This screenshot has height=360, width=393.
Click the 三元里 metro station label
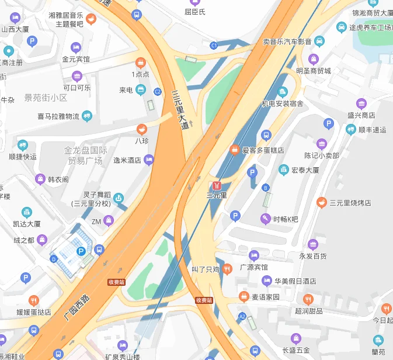pyautogui.click(x=217, y=195)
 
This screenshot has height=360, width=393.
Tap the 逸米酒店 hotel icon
pyautogui.click(x=149, y=159)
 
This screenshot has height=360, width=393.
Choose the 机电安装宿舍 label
pyautogui.click(x=282, y=103)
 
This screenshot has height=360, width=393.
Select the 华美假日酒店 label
pyautogui.click(x=295, y=281)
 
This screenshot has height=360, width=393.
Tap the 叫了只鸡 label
pyautogui.click(x=206, y=269)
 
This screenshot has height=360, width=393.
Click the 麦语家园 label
pyautogui.click(x=266, y=297)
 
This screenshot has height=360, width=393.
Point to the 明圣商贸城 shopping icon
pyautogui.click(x=314, y=59)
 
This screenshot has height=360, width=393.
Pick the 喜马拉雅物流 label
pyautogui.click(x=58, y=116)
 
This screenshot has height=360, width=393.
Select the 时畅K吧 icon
pyautogui.click(x=266, y=219)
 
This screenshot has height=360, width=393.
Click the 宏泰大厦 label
pyautogui.click(x=305, y=171)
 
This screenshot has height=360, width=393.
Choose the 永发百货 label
pyautogui.click(x=313, y=255)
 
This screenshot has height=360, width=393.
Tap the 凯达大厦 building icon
pyautogui.click(x=27, y=212)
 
